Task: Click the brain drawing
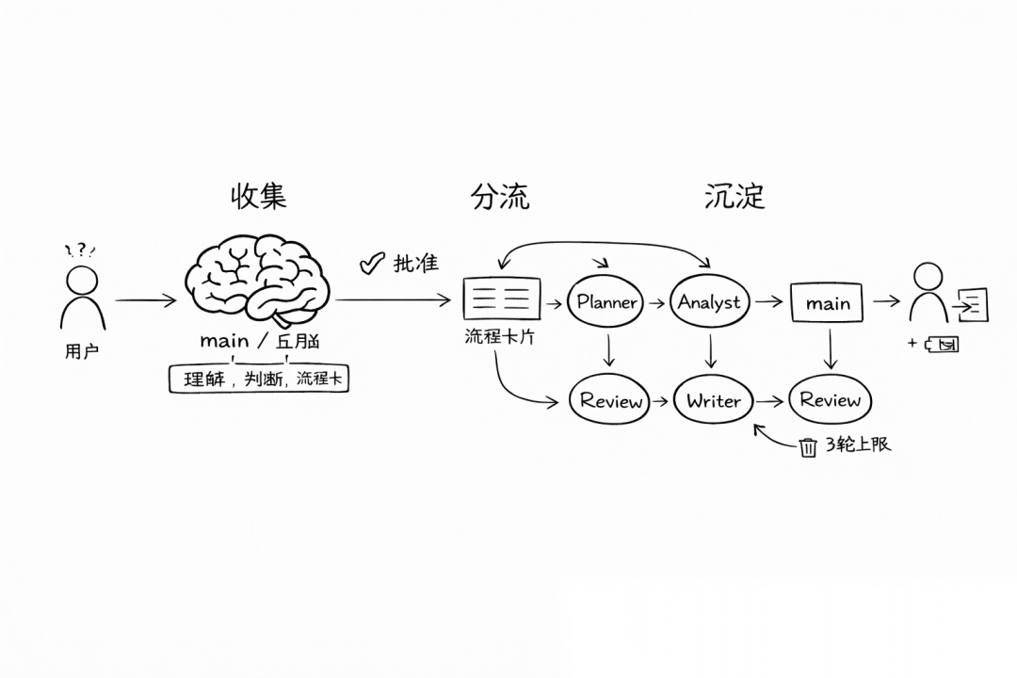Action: [257, 282]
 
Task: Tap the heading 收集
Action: [258, 196]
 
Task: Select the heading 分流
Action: [500, 196]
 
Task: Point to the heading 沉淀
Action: [734, 196]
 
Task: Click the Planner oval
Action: [606, 302]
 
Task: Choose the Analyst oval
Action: [709, 302]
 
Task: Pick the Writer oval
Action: [713, 400]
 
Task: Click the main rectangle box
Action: [829, 303]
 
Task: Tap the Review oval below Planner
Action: [611, 400]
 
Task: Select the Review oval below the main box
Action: [830, 400]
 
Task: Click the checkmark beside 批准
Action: [373, 264]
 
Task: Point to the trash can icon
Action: [808, 446]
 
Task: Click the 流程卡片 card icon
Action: [502, 299]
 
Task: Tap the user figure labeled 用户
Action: [82, 297]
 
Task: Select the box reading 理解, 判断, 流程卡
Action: [258, 379]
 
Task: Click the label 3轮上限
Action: [858, 444]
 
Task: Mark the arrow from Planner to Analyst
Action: [655, 303]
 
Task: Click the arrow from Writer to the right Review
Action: [769, 401]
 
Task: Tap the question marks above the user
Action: [81, 250]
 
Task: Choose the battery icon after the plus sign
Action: [941, 344]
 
